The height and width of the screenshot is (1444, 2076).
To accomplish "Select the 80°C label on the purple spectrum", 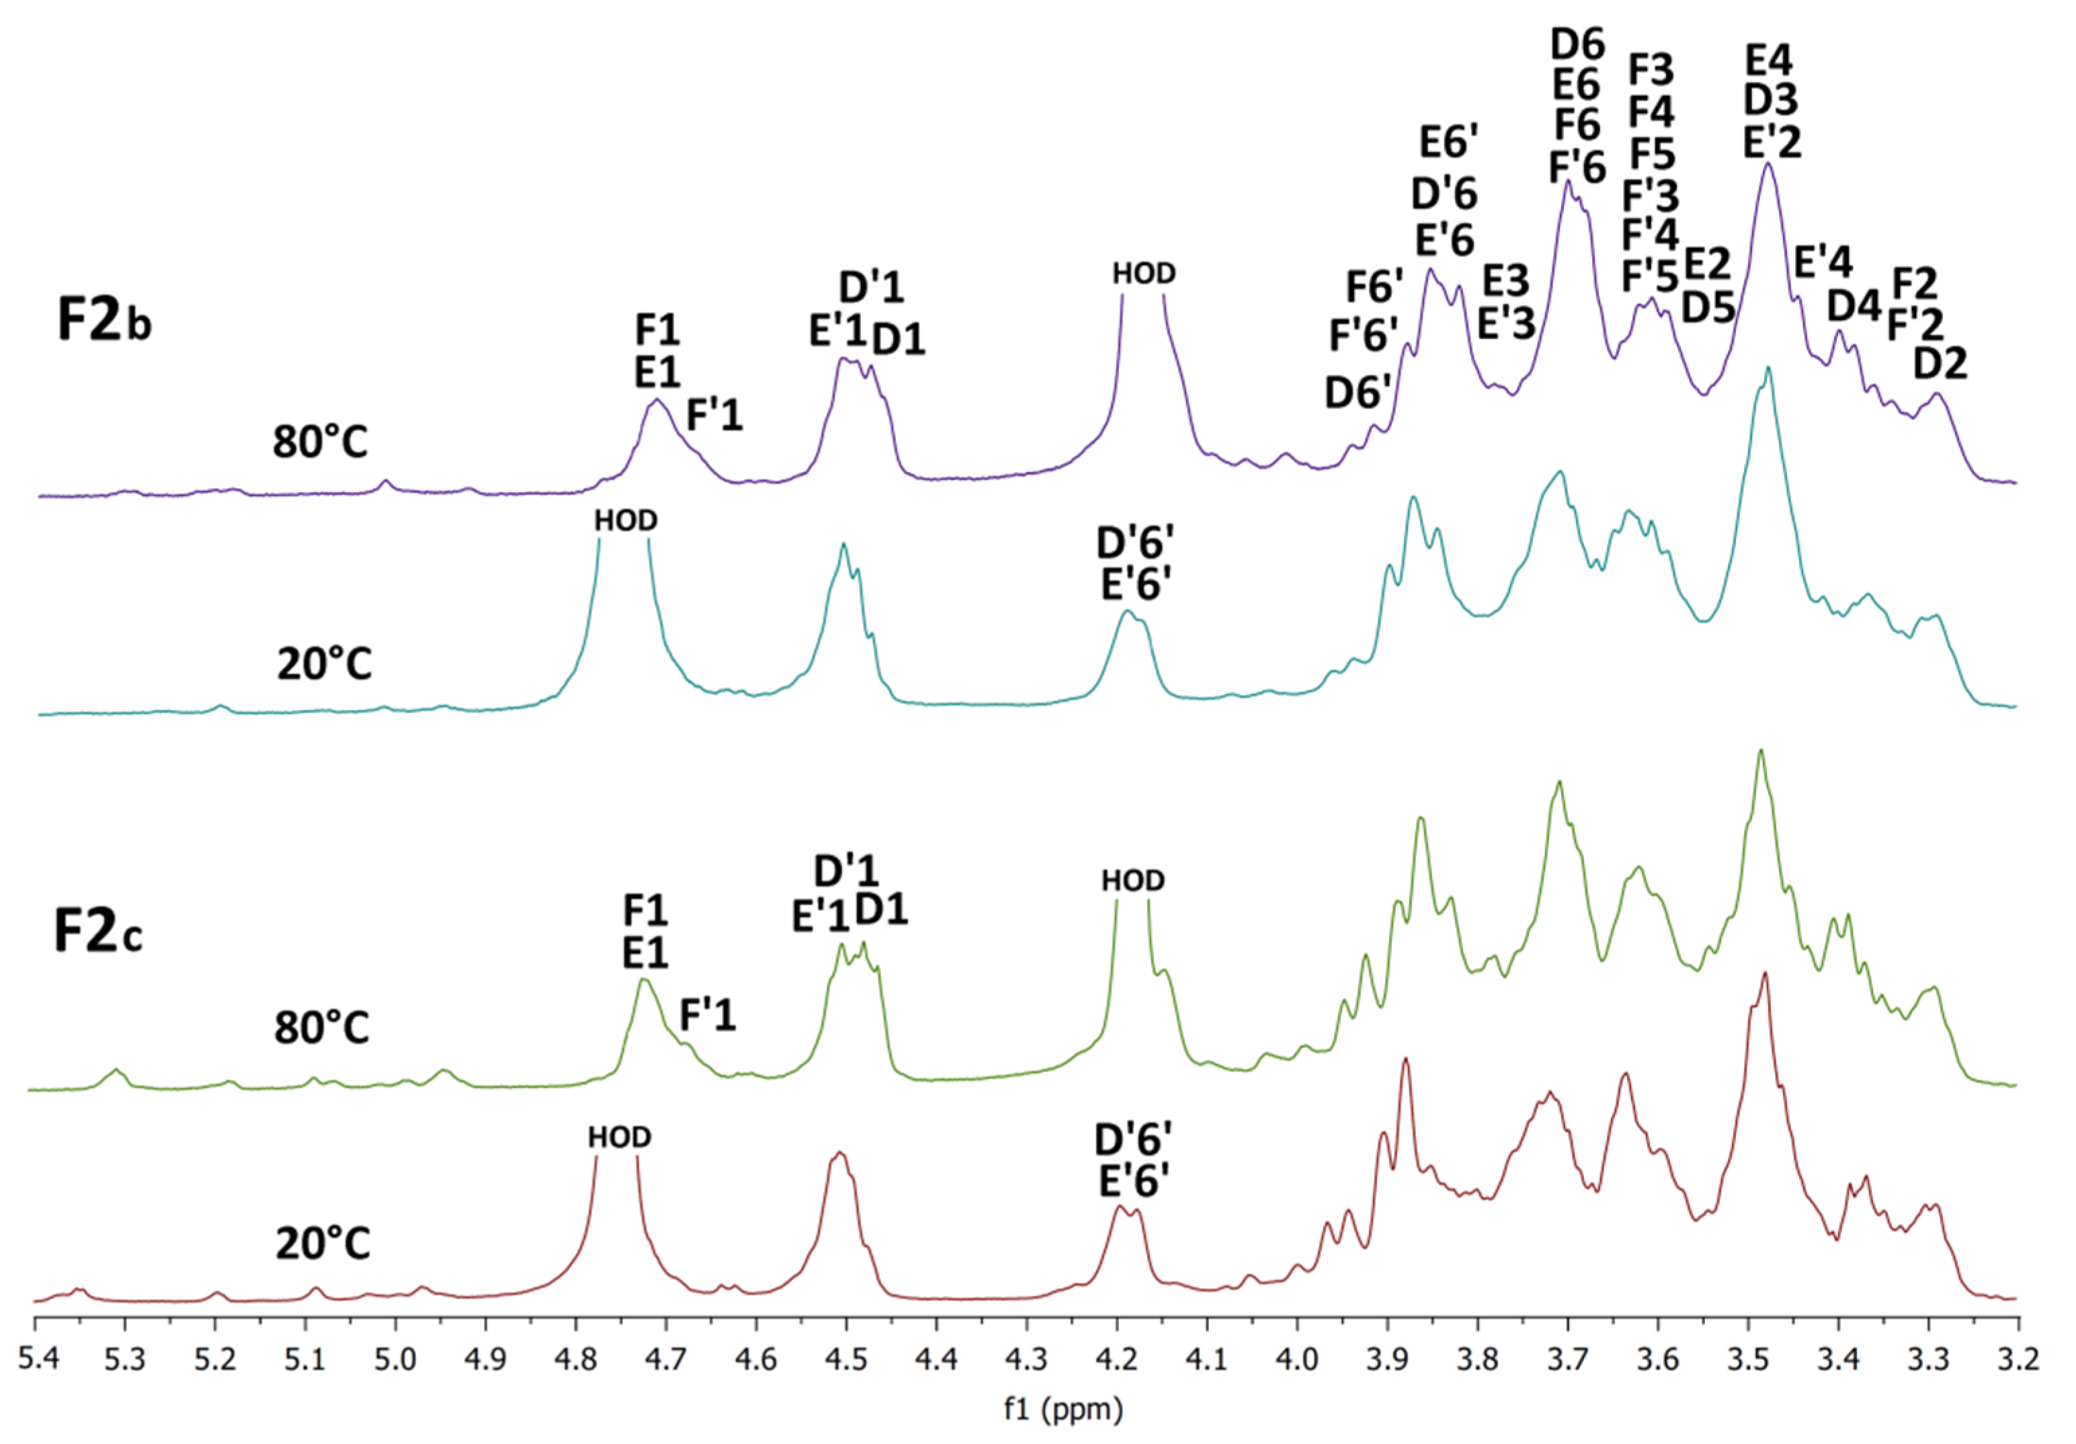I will [x=321, y=443].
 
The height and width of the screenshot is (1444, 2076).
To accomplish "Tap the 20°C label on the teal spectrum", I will [x=324, y=665].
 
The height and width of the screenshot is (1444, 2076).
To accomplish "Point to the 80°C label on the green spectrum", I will [x=322, y=1028].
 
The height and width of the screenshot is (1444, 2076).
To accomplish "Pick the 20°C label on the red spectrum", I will [x=323, y=1244].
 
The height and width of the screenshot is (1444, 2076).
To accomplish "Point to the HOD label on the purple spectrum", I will [x=1144, y=273].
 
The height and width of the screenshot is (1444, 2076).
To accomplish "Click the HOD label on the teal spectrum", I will [x=626, y=521].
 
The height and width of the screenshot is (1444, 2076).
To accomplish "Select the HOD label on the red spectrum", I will [x=620, y=1137].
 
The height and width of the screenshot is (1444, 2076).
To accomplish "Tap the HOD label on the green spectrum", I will [x=1133, y=881].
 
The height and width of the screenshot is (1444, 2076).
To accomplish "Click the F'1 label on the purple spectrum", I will [x=714, y=415].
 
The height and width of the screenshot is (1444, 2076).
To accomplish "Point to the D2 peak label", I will [x=1940, y=364].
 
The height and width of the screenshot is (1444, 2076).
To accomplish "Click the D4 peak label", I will [x=1854, y=307].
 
